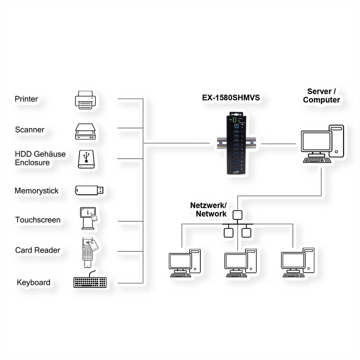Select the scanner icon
click(85, 132)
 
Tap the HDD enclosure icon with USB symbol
click(86, 159)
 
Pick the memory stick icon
click(89, 190)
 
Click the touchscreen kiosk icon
click(88, 218)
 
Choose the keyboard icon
click(90, 281)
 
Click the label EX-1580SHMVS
click(231, 98)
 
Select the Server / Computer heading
click(321, 96)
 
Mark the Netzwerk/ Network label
click(209, 209)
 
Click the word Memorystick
click(37, 191)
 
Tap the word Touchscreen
click(38, 220)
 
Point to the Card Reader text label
click(38, 250)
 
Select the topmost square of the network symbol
click(237, 214)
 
